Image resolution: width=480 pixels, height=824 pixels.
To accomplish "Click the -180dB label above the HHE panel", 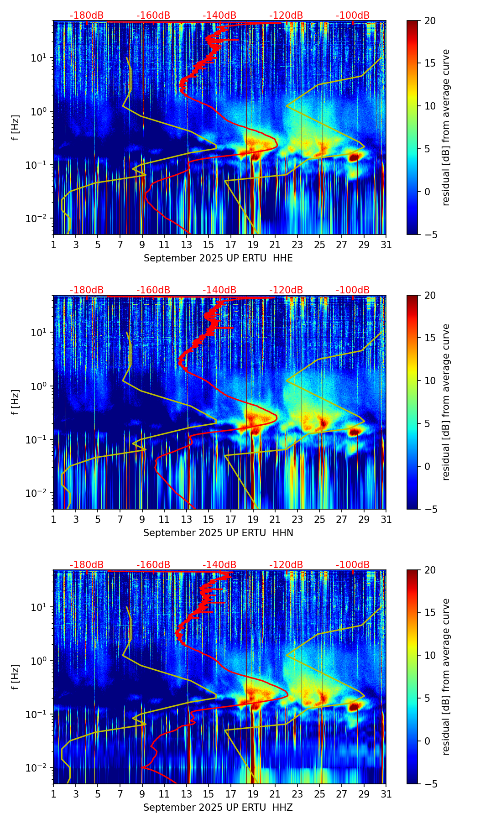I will pos(87,16).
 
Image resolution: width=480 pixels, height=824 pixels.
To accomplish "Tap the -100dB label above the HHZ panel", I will pos(353,565).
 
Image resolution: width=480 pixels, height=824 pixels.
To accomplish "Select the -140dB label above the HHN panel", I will pos(219,290).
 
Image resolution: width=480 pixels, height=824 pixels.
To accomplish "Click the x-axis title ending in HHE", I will pos(218,258).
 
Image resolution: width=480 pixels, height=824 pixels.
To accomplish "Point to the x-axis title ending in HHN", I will pos(218,533).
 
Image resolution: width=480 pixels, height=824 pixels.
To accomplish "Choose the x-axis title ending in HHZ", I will pos(218,808).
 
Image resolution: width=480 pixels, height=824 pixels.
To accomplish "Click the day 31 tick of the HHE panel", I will pos(386,245).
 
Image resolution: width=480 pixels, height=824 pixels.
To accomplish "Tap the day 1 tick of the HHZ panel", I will pos(53,794).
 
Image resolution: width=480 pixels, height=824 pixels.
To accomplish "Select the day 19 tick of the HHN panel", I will pos(253,519).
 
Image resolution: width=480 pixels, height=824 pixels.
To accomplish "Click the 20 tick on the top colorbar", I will pos(430,21).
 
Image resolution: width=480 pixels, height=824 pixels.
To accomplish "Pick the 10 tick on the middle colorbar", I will pos(430,381).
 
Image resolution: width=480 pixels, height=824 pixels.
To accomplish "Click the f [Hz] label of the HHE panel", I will pos(16,127).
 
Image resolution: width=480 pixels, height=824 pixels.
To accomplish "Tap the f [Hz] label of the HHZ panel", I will pos(16,677).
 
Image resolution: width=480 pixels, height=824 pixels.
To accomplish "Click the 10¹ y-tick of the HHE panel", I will pos(38,58).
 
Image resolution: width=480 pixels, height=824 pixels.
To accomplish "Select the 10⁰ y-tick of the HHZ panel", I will pos(38,661).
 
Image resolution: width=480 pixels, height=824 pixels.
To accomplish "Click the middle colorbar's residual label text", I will pos(446,402).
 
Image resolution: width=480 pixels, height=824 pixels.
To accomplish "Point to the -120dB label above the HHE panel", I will pos(286,16).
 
